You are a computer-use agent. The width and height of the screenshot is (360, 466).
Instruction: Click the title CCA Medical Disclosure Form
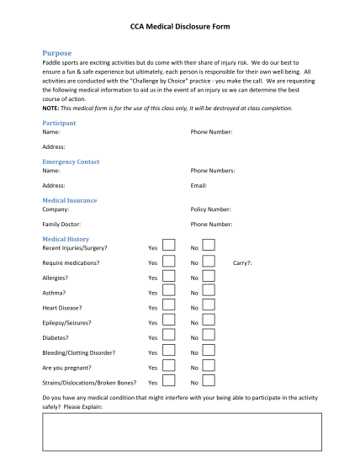pyautogui.click(x=179, y=27)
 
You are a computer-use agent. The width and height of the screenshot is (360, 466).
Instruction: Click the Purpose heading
pyautogui.click(x=57, y=53)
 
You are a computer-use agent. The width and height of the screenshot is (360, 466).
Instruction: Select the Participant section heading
pyautogui.click(x=59, y=123)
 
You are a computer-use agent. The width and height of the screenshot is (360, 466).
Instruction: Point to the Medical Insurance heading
pyautogui.click(x=70, y=200)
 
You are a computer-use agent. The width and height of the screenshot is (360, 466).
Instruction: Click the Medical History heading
pyautogui.click(x=66, y=239)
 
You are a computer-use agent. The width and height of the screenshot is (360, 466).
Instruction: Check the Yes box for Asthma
pyautogui.click(x=168, y=292)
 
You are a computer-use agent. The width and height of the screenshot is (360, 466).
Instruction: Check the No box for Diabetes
pyautogui.click(x=209, y=337)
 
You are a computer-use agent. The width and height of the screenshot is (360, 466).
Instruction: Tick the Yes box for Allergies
pyautogui.click(x=168, y=277)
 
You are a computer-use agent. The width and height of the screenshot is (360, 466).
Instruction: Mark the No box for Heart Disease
pyautogui.click(x=209, y=307)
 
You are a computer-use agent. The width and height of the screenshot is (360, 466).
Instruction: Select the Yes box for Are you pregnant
pyautogui.click(x=168, y=368)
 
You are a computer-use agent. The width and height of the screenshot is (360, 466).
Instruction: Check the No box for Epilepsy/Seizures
pyautogui.click(x=209, y=322)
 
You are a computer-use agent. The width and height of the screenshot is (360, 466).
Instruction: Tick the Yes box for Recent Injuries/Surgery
pyautogui.click(x=168, y=246)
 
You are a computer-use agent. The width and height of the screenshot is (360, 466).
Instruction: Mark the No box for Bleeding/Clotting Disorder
pyautogui.click(x=209, y=352)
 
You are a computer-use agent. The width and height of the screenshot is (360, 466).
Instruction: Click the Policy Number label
pyautogui.click(x=211, y=209)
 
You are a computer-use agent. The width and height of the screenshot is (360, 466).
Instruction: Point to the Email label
pyautogui.click(x=199, y=185)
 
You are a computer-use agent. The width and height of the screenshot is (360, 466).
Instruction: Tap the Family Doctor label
pyautogui.click(x=62, y=225)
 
